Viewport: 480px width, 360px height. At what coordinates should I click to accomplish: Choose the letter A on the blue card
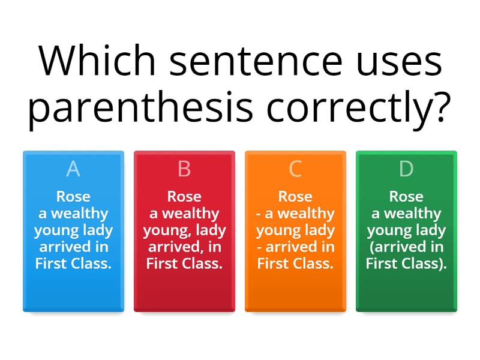(x=73, y=169)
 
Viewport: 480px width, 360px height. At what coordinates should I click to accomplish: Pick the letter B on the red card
(x=184, y=169)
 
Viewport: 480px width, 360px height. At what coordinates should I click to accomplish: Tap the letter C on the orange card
(x=295, y=169)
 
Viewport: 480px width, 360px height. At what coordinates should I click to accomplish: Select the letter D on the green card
(x=406, y=169)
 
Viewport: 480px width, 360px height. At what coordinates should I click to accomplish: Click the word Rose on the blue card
(x=73, y=197)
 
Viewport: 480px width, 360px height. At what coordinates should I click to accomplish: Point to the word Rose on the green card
(x=406, y=197)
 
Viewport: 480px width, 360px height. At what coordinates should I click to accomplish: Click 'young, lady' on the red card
(x=184, y=230)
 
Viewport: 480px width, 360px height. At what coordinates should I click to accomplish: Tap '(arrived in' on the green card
(x=406, y=247)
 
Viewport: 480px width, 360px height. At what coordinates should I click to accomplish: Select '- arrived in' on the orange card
(x=295, y=247)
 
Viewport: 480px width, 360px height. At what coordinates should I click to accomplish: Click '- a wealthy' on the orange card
(x=295, y=214)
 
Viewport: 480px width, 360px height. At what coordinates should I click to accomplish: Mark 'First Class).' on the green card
(x=406, y=264)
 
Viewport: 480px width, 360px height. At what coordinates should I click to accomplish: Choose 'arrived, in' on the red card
(x=184, y=247)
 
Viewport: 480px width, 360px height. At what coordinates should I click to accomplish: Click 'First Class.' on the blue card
(x=73, y=264)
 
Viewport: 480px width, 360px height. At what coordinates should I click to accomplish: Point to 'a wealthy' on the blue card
(x=73, y=214)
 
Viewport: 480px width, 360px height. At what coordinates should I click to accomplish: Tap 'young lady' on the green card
(x=406, y=230)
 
